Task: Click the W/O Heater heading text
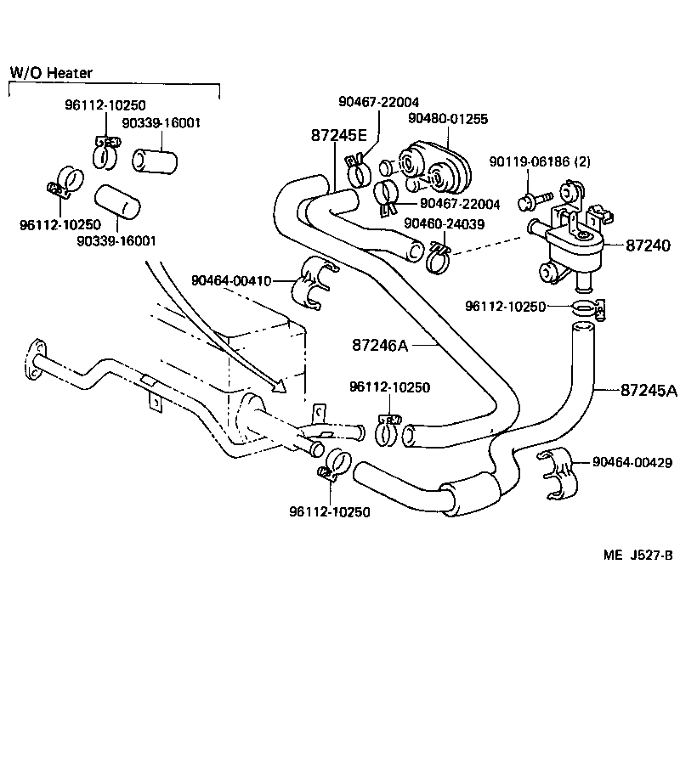pos(51,73)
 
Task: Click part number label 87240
pos(649,245)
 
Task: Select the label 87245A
pos(649,391)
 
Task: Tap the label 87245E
pos(338,136)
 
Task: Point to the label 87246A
pos(381,345)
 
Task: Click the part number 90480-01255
pos(448,120)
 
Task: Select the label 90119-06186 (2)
pos(540,161)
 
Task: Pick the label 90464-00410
pos(230,279)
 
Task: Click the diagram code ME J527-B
pos(638,556)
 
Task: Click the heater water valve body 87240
pos(574,246)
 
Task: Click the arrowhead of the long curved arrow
pos(280,386)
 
